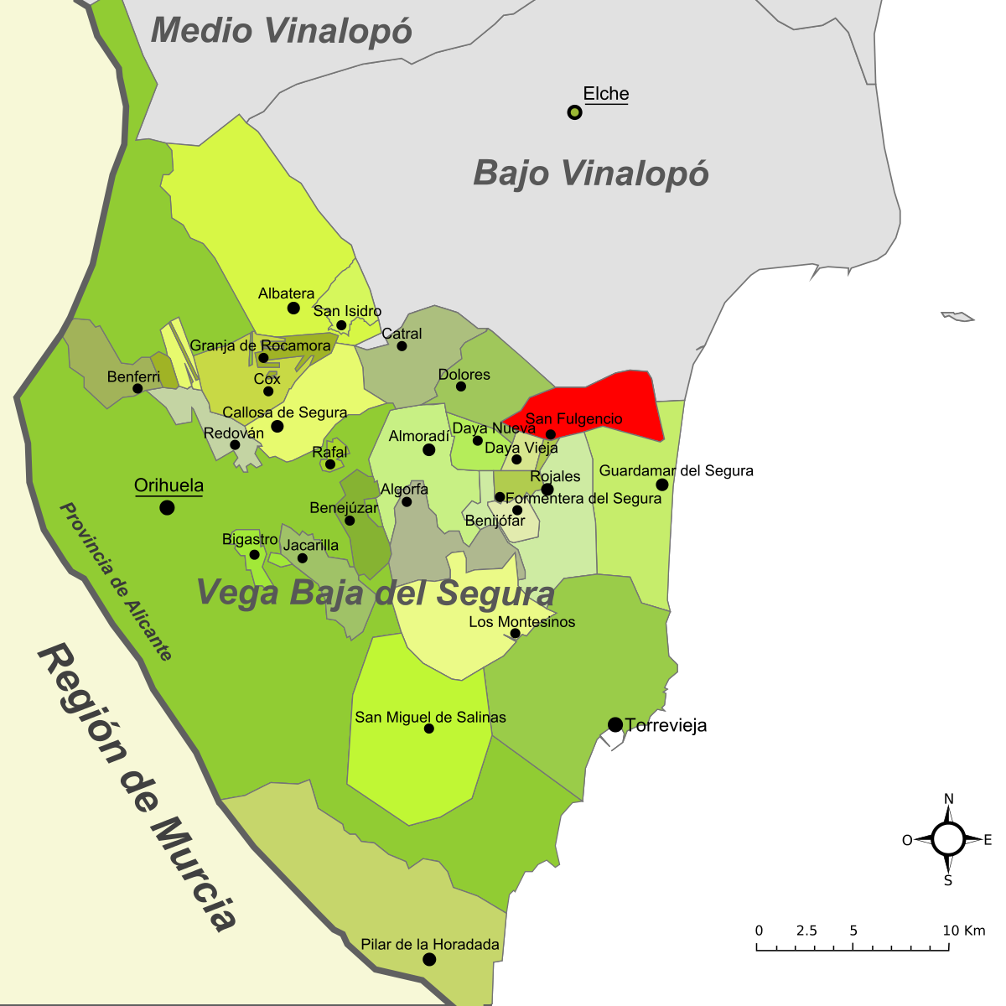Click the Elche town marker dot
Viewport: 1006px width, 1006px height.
[x=574, y=111]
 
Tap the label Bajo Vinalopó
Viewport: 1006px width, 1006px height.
[x=591, y=174]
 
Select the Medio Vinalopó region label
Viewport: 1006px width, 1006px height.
[x=282, y=31]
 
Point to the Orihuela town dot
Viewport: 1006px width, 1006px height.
[x=167, y=507]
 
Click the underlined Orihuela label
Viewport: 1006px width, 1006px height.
[x=169, y=485]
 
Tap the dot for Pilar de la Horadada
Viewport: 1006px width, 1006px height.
[x=429, y=959]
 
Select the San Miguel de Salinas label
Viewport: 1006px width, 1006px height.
[x=430, y=717]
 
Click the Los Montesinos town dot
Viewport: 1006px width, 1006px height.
[x=516, y=633]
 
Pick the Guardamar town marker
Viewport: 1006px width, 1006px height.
[x=662, y=485]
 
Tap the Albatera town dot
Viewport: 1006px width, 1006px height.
[x=293, y=308]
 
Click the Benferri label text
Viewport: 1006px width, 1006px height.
[x=133, y=377]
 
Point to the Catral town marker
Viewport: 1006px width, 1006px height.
[x=402, y=345]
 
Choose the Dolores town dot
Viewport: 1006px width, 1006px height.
[x=460, y=386]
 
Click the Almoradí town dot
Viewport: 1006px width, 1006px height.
[x=428, y=450]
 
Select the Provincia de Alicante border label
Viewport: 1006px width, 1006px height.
[x=116, y=582]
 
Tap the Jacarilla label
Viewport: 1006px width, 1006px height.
[x=311, y=545]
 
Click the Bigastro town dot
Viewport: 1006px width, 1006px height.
[x=254, y=554]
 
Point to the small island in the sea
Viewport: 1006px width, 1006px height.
[x=958, y=316]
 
